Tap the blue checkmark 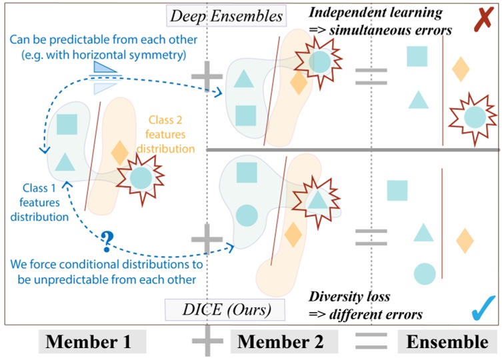(481, 307)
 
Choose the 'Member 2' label (281, 343)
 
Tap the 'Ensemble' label (449, 343)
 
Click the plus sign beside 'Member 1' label (207, 341)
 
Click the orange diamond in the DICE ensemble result (464, 240)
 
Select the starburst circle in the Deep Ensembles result (474, 117)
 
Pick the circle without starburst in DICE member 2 (247, 215)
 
